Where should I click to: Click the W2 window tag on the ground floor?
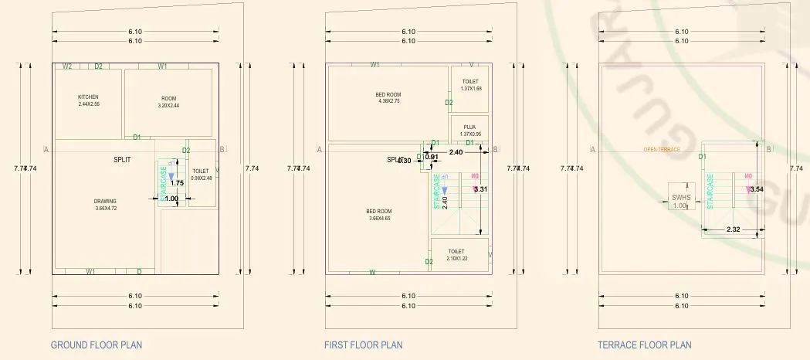[x=67, y=66]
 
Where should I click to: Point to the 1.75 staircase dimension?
[x=177, y=183]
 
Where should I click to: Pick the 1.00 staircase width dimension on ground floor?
[x=171, y=199]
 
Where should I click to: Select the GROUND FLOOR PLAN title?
[x=96, y=345]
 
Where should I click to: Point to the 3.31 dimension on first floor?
[x=480, y=189]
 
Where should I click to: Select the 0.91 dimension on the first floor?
[x=432, y=157]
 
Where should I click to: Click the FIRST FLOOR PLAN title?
[x=363, y=345]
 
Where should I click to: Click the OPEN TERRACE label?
[x=662, y=150]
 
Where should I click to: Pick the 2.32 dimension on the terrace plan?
[x=733, y=229]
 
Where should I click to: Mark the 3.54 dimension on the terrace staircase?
[x=756, y=189]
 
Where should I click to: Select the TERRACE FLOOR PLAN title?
[x=644, y=345]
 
